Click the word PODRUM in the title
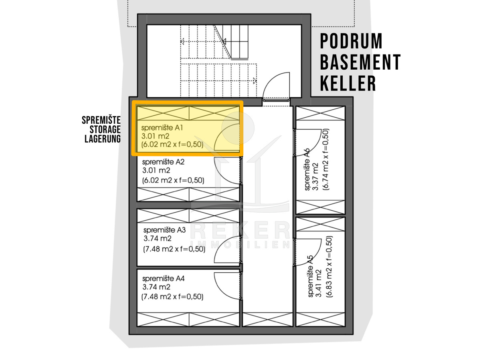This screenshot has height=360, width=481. (x=351, y=41)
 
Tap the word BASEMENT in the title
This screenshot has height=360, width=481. (x=360, y=62)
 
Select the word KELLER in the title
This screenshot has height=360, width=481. (x=348, y=83)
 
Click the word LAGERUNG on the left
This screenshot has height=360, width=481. (x=103, y=139)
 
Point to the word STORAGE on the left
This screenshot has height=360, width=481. (x=105, y=129)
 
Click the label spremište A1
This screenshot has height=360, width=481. (x=162, y=128)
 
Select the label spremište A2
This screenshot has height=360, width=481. (x=163, y=162)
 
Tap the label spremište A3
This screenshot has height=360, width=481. (x=165, y=230)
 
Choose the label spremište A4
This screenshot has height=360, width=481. (x=163, y=279)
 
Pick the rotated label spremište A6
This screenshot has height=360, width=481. (x=308, y=169)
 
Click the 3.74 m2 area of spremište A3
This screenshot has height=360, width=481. (x=158, y=239)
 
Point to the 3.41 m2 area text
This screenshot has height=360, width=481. (x=318, y=284)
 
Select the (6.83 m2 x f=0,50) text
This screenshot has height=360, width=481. (x=329, y=266)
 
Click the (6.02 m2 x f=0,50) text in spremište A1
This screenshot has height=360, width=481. (x=172, y=145)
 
